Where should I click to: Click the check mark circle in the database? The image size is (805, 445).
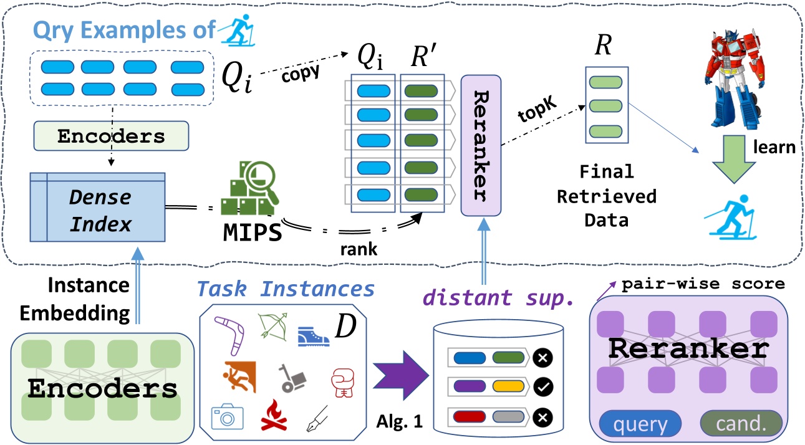541,387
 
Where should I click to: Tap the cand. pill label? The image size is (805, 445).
741,424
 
